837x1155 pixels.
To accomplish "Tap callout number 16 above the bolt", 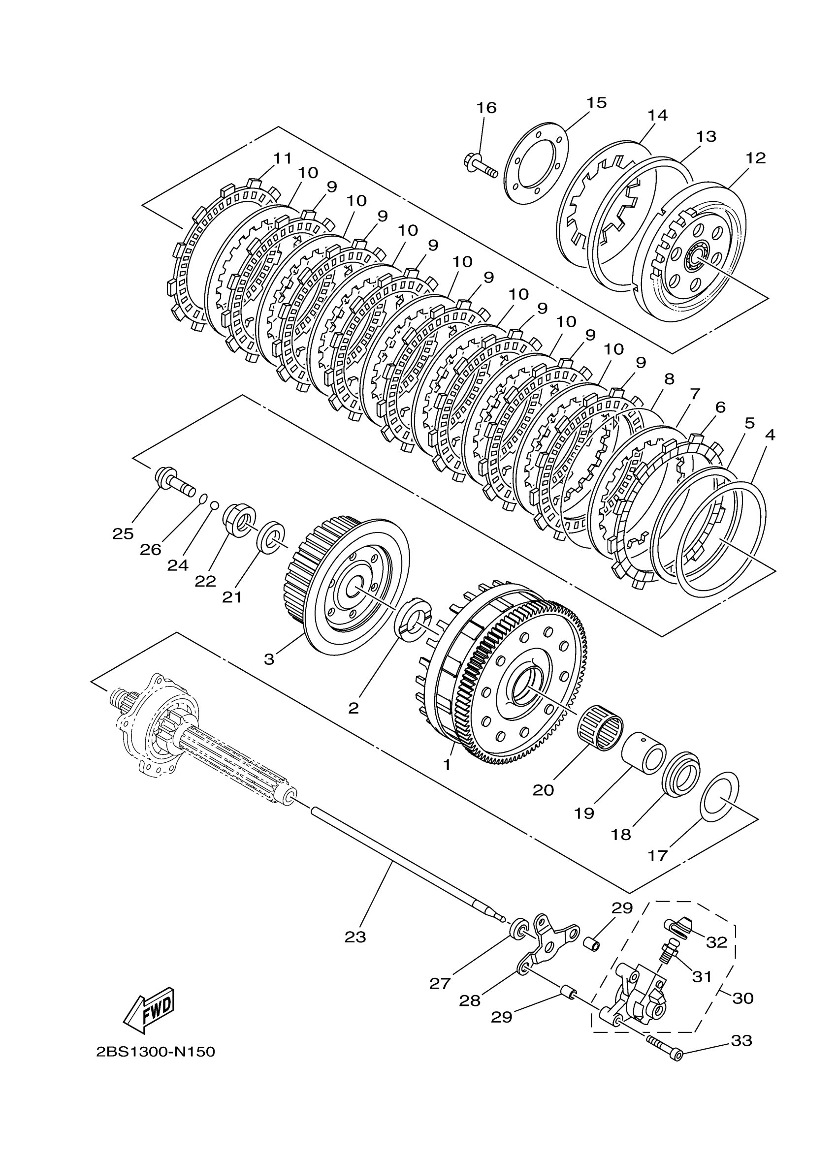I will click(x=486, y=108).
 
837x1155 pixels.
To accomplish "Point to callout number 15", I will click(x=596, y=103).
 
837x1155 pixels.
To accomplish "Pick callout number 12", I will click(x=755, y=158).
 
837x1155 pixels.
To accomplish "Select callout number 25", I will click(x=123, y=534).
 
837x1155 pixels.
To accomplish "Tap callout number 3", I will click(x=269, y=659).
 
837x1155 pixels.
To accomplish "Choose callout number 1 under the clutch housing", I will click(x=447, y=779).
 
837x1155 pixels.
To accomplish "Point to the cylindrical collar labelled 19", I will click(x=644, y=758).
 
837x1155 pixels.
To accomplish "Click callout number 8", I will click(x=669, y=379).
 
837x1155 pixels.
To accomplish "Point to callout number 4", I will click(x=770, y=435).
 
